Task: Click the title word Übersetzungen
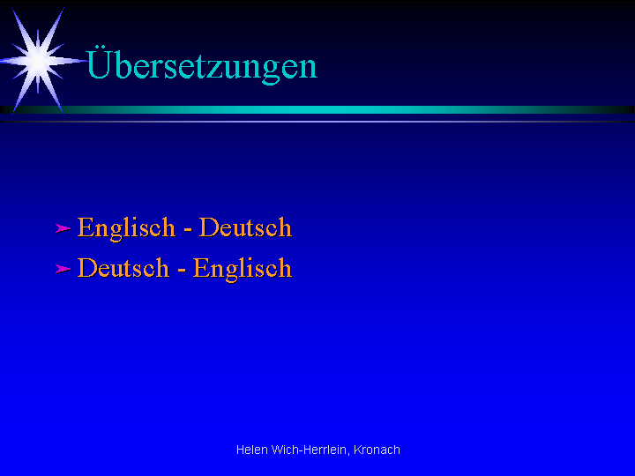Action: (x=201, y=64)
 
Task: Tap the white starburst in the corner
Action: (x=39, y=61)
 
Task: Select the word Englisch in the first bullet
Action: (x=126, y=228)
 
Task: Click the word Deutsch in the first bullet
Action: (x=245, y=227)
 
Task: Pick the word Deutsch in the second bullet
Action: (x=123, y=268)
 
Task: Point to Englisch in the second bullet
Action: (x=243, y=269)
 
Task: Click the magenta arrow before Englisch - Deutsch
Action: (x=63, y=228)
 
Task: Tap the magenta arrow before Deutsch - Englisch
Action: (x=63, y=269)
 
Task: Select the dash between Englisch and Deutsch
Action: (x=188, y=230)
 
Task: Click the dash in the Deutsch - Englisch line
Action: (x=182, y=271)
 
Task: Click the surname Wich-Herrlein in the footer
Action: (x=309, y=450)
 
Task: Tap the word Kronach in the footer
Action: (x=377, y=450)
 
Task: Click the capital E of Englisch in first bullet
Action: (x=85, y=227)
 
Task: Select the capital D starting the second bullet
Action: (x=87, y=268)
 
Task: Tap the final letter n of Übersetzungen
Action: (x=309, y=68)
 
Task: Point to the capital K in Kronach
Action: (x=357, y=450)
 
